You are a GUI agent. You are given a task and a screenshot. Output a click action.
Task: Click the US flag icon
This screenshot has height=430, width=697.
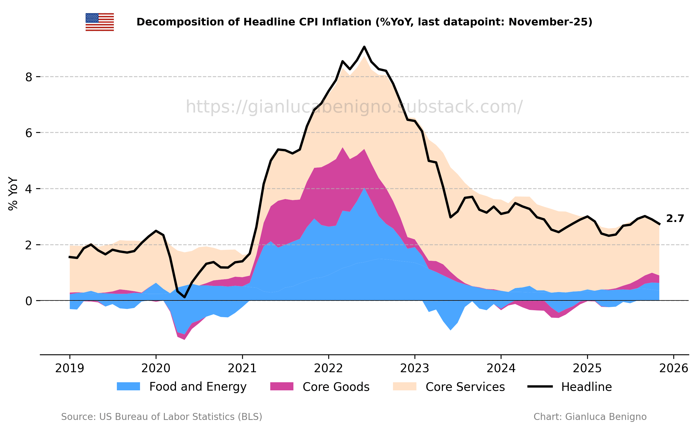click(x=100, y=22)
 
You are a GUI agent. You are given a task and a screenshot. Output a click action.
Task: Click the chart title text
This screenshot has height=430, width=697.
click(x=365, y=22)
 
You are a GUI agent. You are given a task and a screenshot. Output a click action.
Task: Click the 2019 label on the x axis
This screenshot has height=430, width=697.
click(x=69, y=369)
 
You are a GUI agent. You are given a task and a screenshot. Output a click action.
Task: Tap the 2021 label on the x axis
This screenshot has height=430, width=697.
click(x=242, y=369)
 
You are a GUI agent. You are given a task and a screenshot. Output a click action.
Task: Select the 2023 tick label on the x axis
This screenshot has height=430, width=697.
click(x=415, y=369)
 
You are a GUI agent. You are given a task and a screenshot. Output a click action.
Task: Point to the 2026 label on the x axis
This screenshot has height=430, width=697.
click(x=673, y=369)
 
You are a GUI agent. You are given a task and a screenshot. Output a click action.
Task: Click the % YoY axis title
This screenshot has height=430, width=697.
click(x=13, y=194)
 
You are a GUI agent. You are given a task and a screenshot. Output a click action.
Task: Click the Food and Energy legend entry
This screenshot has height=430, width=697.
click(x=182, y=387)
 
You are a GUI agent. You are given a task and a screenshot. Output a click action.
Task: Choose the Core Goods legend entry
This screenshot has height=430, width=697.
click(x=320, y=387)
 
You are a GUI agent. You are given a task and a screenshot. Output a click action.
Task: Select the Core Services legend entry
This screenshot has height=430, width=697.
click(x=449, y=387)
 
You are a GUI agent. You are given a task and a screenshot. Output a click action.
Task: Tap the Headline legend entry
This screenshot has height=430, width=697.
click(x=570, y=387)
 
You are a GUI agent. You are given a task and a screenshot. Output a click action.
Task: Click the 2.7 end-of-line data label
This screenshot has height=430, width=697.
click(x=675, y=218)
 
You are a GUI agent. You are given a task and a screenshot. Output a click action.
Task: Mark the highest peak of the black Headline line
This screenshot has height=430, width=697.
click(x=364, y=47)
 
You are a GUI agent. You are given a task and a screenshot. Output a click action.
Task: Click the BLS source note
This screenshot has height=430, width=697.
click(x=161, y=417)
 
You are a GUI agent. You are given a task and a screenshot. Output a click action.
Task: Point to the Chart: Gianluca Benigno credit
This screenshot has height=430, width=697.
click(x=590, y=417)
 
